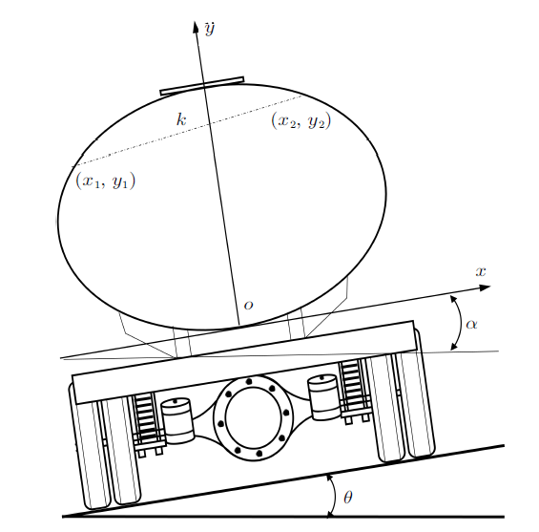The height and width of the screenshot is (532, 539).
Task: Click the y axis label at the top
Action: (209, 29)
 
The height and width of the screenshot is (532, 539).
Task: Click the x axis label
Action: (481, 271)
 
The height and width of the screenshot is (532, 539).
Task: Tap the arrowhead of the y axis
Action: (197, 27)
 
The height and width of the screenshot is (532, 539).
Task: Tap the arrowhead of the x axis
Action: (484, 287)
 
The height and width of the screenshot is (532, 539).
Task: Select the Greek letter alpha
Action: (471, 324)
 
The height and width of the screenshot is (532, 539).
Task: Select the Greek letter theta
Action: (348, 498)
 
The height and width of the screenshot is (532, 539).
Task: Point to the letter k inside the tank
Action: (181, 119)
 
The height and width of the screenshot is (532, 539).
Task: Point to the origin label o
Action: (248, 305)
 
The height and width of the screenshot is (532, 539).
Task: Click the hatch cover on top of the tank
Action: (202, 86)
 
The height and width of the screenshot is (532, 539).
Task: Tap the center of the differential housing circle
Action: (254, 418)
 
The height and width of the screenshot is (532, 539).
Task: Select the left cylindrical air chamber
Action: (177, 420)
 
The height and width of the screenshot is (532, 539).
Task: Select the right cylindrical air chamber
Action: (324, 397)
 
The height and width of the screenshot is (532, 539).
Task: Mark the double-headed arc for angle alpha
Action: (461, 323)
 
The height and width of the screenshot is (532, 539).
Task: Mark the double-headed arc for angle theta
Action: (335, 496)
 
